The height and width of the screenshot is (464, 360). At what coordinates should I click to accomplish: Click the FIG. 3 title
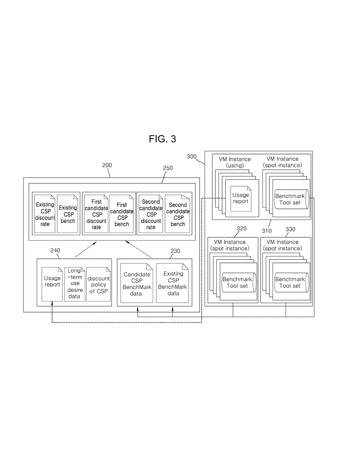coord(162,139)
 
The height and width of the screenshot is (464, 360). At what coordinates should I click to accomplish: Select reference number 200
coord(107,166)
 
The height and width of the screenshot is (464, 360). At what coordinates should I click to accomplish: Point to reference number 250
coord(167,168)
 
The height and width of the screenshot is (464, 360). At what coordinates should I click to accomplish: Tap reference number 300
coord(192,157)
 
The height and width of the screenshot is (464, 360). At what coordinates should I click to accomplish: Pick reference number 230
coord(175,250)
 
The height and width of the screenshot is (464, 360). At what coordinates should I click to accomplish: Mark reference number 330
coord(290,229)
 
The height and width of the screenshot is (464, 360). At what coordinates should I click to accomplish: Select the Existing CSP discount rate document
coord(44,213)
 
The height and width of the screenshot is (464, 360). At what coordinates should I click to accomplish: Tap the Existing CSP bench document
coord(68,213)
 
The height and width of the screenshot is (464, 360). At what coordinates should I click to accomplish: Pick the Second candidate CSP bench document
coord(178,213)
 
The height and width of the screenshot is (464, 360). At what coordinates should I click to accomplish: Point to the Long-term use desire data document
coord(74,284)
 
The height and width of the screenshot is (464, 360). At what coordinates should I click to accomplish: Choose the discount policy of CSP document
coord(98,284)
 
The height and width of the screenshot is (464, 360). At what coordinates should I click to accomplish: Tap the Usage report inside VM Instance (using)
coord(241,198)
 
